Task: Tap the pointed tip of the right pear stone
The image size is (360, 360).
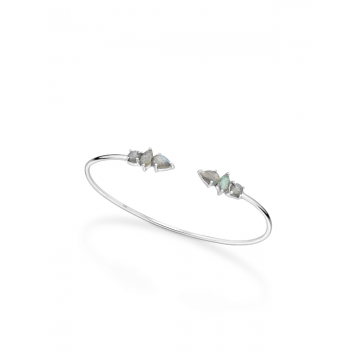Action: coord(199,152)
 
